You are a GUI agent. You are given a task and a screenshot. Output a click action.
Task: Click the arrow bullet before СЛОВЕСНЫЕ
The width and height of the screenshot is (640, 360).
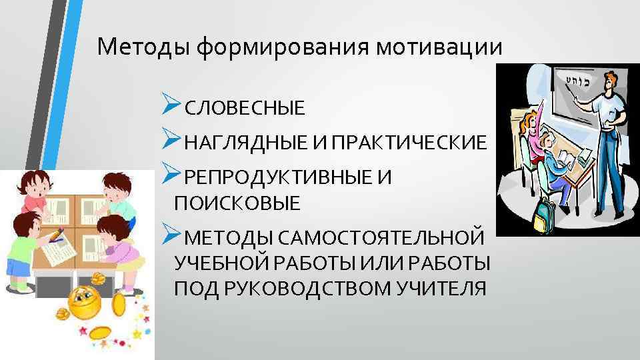172,105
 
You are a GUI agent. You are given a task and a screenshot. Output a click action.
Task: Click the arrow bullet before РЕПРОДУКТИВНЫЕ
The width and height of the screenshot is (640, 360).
172,175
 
